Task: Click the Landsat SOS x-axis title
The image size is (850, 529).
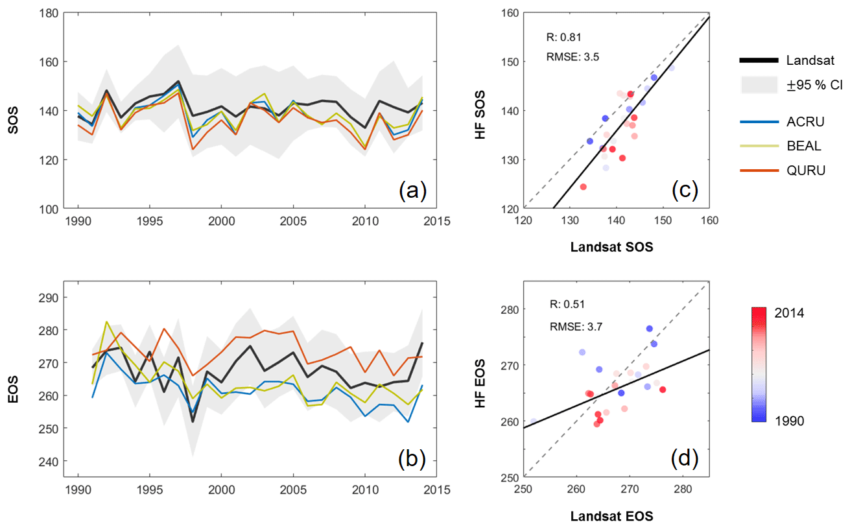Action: tap(612, 247)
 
